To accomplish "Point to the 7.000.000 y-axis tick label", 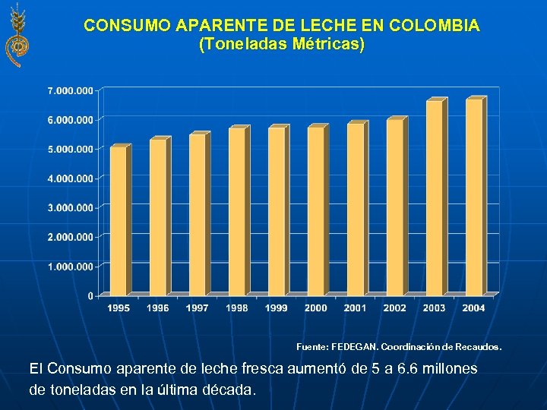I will pyautogui.click(x=71, y=90).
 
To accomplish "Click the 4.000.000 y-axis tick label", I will pyautogui.click(x=71, y=178).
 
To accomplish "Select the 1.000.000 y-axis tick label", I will pyautogui.click(x=71, y=266).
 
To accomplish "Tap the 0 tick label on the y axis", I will pyautogui.click(x=90, y=295).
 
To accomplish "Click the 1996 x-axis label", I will pyautogui.click(x=158, y=308).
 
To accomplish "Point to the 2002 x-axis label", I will pyautogui.click(x=395, y=308).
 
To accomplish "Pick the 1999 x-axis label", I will pyautogui.click(x=277, y=308).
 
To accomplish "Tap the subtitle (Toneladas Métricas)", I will pyautogui.click(x=282, y=45).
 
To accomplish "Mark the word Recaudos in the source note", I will pyautogui.click(x=479, y=347).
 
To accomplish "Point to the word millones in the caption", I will pyautogui.click(x=447, y=368).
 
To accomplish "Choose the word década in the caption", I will pyautogui.click(x=228, y=389).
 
